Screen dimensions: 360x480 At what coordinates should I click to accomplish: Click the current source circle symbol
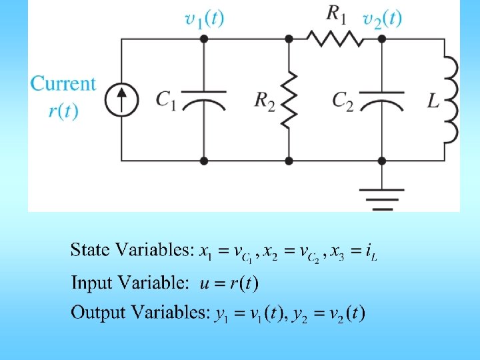121,100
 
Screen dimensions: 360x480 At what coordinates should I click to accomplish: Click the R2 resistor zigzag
289,100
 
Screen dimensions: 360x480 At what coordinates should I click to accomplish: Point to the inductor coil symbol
451,100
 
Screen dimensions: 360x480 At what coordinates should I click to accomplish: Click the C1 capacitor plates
203,100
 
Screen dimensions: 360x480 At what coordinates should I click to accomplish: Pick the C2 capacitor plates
381,100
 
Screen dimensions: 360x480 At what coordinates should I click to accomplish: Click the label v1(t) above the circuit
204,18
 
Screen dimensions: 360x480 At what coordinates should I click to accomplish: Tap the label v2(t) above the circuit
382,18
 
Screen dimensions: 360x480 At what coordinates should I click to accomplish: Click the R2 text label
265,100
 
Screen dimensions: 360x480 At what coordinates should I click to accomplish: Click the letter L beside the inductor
433,101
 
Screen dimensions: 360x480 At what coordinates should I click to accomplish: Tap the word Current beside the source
63,84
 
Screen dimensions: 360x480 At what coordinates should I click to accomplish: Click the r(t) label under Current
63,109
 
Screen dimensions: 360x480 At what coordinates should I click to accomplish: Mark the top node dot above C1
203,39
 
